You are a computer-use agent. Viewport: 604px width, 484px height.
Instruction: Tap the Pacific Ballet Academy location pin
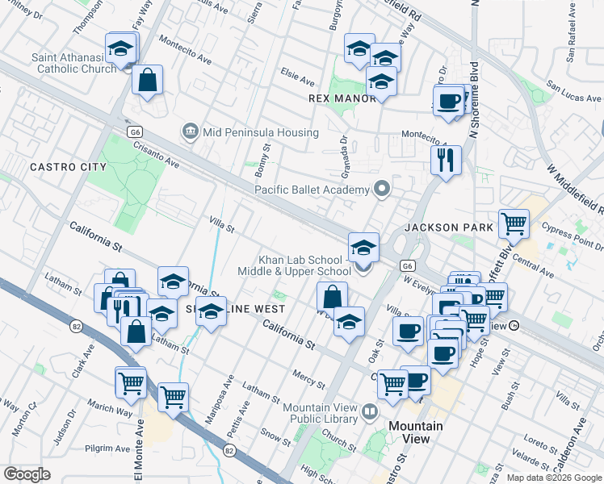tap(383, 190)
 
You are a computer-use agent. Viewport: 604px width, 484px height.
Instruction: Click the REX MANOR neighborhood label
tap(343, 98)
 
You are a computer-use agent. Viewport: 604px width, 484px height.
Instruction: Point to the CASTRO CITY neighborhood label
tap(68, 167)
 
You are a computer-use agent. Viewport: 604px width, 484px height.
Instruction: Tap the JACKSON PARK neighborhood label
tap(449, 228)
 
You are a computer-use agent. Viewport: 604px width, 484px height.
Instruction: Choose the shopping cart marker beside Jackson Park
tap(513, 223)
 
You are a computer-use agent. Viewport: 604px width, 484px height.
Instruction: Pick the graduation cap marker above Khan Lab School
tap(363, 245)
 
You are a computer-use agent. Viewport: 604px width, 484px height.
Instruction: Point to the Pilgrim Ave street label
tap(111, 449)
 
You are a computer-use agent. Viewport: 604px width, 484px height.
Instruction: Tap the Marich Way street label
tap(110, 409)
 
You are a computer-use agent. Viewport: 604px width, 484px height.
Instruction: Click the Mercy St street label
tap(308, 378)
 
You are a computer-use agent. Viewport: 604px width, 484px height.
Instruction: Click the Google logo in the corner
tap(27, 474)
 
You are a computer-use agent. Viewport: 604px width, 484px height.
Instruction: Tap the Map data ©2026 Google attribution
tap(553, 478)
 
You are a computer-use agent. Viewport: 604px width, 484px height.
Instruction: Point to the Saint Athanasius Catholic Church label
tap(74, 63)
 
